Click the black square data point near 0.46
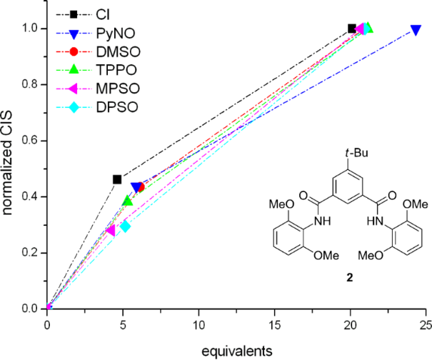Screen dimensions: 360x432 pos(117,179)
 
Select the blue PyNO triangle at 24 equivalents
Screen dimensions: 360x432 pos(416,30)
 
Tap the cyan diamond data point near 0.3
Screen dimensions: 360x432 pos(126,226)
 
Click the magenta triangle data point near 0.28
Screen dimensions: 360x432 pos(111,230)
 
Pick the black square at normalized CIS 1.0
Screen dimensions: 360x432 pos(351,29)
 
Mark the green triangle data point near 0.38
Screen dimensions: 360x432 pos(128,201)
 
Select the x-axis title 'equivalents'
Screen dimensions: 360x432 pos(236,350)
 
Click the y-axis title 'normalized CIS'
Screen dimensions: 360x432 pos(9,169)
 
